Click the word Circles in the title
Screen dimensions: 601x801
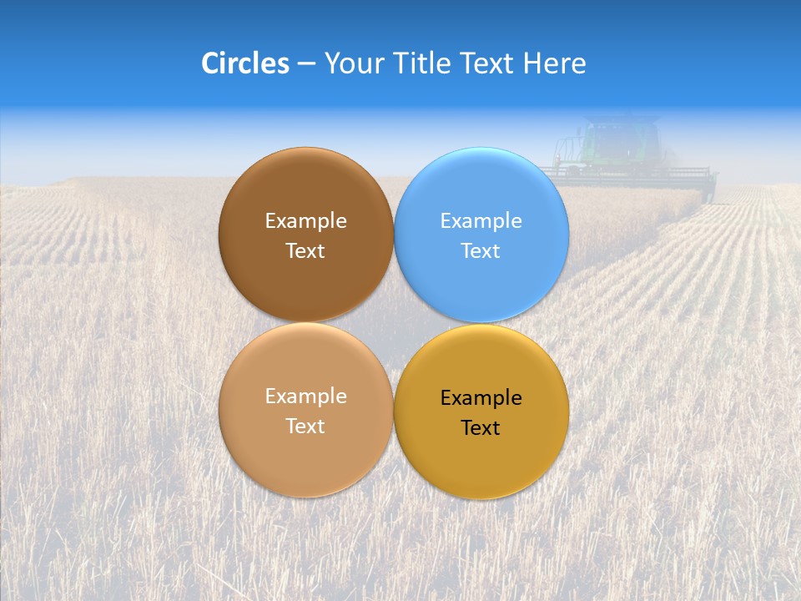pyautogui.click(x=244, y=63)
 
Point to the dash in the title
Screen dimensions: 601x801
pyautogui.click(x=305, y=64)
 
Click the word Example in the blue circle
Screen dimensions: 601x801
pyautogui.click(x=481, y=221)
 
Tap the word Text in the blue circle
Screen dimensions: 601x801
pyautogui.click(x=481, y=251)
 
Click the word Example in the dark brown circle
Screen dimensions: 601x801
pyautogui.click(x=305, y=221)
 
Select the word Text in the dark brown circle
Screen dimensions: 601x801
pyautogui.click(x=305, y=251)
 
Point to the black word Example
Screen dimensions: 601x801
pyautogui.click(x=481, y=398)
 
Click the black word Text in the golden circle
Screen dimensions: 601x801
pyautogui.click(x=481, y=428)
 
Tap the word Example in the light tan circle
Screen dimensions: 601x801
pyautogui.click(x=305, y=396)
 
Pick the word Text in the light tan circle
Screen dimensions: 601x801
pyautogui.click(x=305, y=427)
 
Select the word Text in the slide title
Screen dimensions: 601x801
pyautogui.click(x=489, y=63)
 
